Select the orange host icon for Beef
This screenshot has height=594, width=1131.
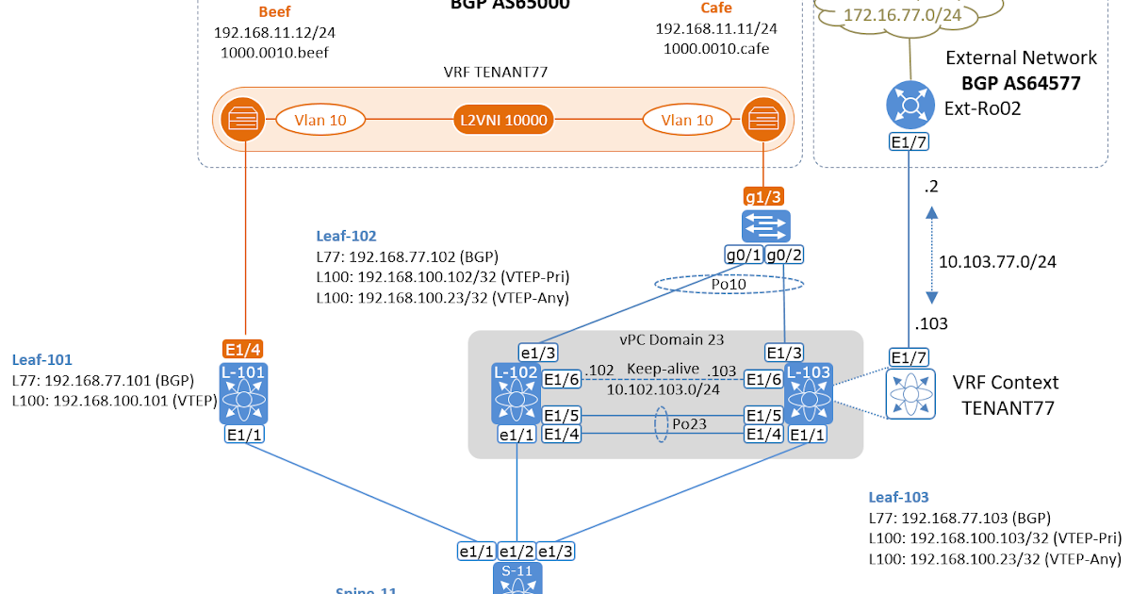click(244, 120)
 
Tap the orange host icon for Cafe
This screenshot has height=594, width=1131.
click(759, 120)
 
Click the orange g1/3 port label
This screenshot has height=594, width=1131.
click(764, 196)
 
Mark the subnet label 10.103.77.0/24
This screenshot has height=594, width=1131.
click(998, 261)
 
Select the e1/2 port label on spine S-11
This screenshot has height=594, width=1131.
click(516, 551)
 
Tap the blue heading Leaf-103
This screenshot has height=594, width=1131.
click(898, 497)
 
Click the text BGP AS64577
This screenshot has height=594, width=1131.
click(1022, 83)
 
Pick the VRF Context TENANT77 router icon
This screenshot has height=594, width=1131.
click(910, 393)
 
